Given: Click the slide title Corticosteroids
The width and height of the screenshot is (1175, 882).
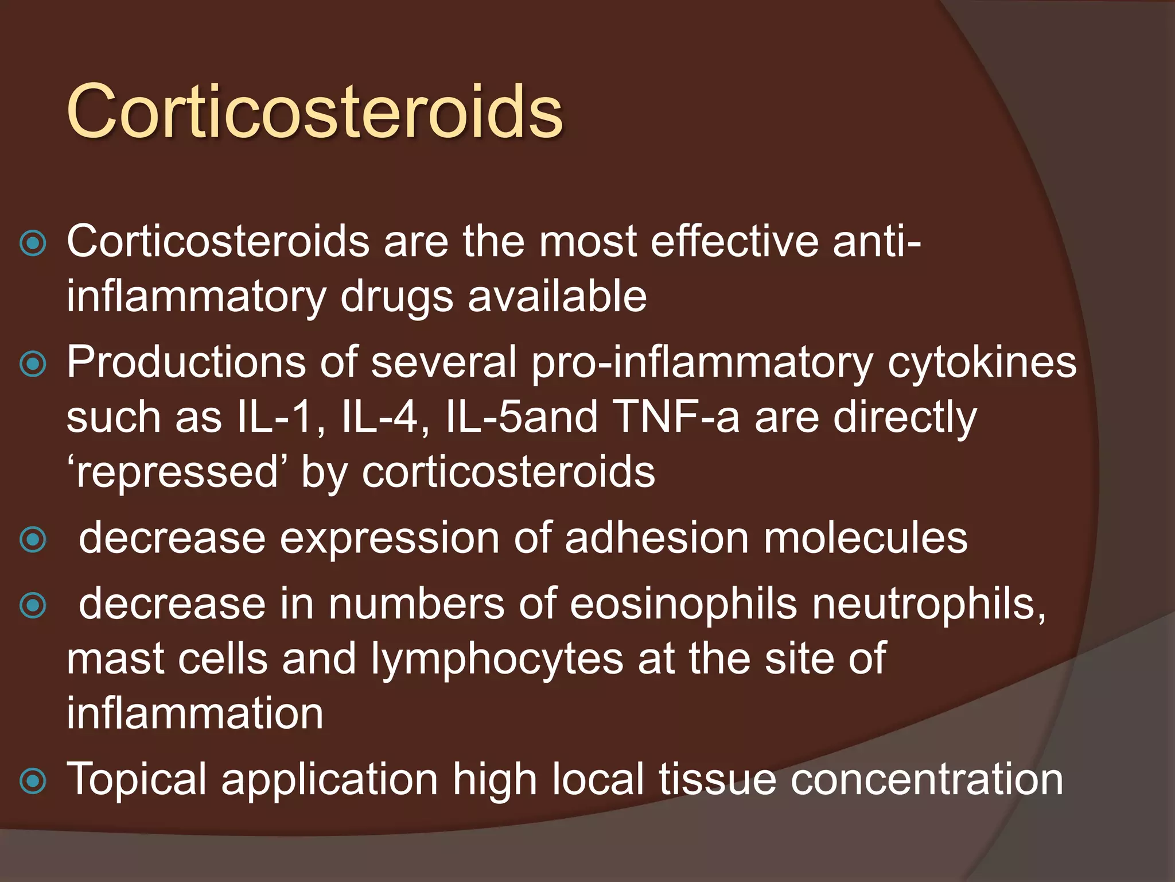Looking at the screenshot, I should coord(314,111).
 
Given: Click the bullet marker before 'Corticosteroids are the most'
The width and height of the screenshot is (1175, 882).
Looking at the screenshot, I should coord(33,243).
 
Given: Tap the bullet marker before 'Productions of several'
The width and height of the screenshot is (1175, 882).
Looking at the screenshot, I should coord(33,364).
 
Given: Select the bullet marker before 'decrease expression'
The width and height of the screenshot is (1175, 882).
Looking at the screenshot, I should coord(33,540).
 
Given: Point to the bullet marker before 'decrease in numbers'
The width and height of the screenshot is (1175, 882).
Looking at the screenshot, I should coord(33,605).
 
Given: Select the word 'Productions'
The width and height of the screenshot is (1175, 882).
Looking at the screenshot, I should coord(186,362).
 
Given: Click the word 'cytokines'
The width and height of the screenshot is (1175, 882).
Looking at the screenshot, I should coord(982,363).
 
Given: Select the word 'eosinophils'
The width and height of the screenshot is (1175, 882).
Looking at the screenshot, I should coord(683,604).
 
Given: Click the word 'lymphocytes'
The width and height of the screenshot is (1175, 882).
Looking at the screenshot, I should coord(497,659).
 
